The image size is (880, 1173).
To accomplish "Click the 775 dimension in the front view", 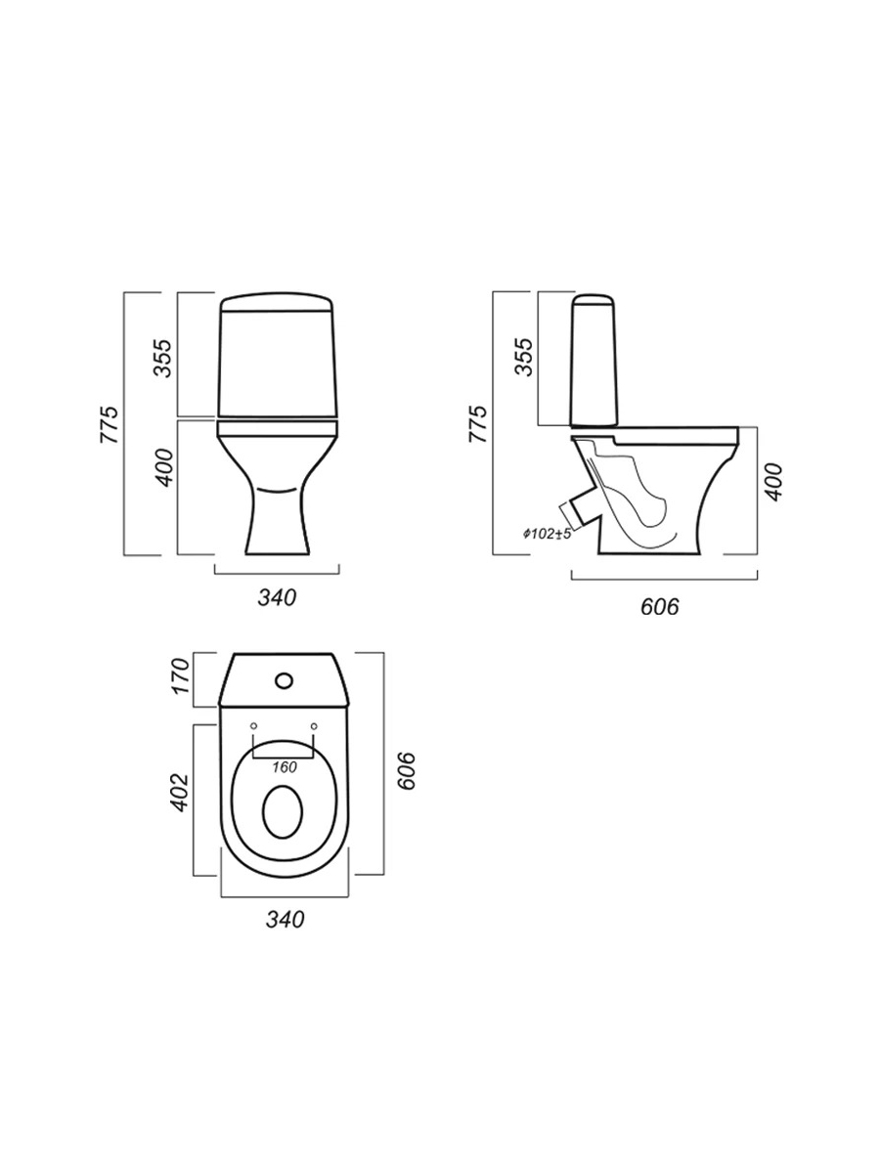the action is pos(109,425).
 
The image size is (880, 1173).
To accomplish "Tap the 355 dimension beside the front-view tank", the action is pos(162,358).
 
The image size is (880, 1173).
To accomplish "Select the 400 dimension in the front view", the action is pos(166,467).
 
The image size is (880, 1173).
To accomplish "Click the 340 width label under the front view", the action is pos(277,598).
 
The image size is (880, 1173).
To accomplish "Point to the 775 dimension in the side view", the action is pos(477,424).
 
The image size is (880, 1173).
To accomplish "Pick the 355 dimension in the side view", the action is pos(524,357).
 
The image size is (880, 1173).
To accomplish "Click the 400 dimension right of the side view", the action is pos(773,482).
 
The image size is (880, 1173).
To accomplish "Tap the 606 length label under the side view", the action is pos(660,607).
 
